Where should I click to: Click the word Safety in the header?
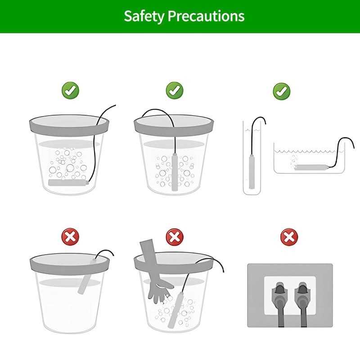point(144,16)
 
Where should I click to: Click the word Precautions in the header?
point(206,16)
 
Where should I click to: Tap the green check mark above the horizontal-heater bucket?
point(70,90)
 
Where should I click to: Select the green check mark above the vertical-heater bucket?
point(175,90)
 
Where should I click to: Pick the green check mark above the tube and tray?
point(282,91)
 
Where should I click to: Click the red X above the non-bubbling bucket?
point(70,237)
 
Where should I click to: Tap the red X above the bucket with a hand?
point(175,237)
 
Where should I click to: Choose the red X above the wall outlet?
point(289,237)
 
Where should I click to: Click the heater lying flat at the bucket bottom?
point(68,183)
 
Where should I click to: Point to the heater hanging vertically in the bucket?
point(175,172)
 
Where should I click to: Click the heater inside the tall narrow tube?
point(252,171)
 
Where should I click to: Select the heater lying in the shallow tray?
point(311,167)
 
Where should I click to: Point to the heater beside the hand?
point(176,310)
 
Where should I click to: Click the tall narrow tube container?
point(252,158)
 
